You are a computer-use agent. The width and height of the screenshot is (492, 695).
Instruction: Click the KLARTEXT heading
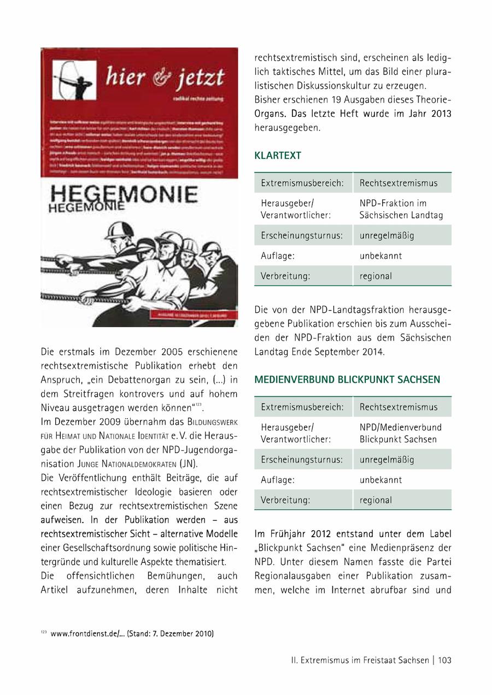(278, 156)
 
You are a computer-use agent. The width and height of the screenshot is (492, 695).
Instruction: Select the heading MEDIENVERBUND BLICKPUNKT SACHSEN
(347, 379)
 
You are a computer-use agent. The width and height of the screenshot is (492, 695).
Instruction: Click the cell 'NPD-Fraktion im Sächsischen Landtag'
(401, 209)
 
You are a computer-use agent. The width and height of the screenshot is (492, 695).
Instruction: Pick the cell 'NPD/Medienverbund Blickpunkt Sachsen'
(401, 433)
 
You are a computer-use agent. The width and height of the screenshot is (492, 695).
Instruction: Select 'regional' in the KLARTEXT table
(376, 276)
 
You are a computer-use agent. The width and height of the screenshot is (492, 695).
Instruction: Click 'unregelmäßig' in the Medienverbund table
(387, 460)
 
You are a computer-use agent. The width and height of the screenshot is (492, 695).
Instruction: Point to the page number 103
(444, 660)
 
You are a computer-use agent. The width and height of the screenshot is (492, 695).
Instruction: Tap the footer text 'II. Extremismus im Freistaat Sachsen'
(360, 660)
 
